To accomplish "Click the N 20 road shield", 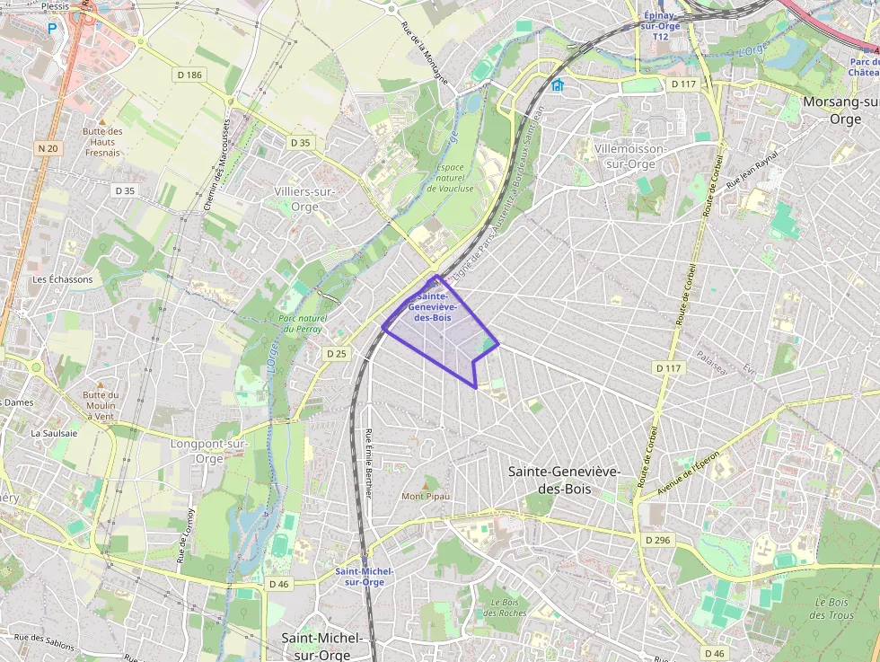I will (48, 147).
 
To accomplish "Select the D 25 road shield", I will (336, 354).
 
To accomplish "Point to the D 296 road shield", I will (657, 540).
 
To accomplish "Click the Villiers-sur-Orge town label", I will (304, 199).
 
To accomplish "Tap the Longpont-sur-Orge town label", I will (208, 450).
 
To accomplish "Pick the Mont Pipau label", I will (426, 496).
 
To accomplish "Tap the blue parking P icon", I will (52, 28).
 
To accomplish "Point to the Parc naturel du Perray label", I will (303, 323).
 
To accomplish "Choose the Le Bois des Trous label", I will (831, 608).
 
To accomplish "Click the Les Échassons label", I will (62, 279).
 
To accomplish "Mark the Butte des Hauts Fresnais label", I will (101, 142).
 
